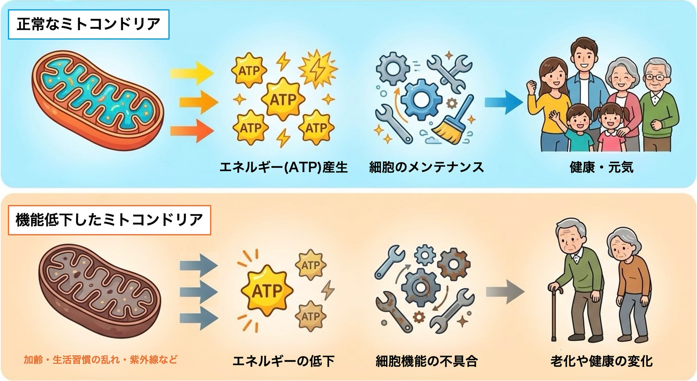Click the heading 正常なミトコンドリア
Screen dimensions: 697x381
pos(88,24)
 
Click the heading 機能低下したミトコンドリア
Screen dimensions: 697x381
pos(109,220)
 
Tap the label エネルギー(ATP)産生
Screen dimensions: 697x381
pos(283,167)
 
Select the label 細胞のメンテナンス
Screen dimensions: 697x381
pos(426,167)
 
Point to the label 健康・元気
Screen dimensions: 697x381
pos(602,167)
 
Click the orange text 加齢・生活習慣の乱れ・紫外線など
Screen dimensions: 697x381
pos(100,360)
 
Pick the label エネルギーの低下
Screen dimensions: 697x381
pos(283,361)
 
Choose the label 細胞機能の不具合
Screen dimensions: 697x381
pos(426,361)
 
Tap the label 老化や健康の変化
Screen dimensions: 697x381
pos(602,361)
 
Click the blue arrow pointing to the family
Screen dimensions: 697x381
pos(503,102)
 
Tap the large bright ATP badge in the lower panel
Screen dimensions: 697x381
pos(267,290)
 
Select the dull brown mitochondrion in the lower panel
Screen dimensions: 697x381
pos(99,290)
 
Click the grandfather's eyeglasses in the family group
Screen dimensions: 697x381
pos(657,77)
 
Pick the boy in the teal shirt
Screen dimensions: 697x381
pos(579,129)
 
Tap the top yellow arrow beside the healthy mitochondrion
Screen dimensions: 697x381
pos(191,73)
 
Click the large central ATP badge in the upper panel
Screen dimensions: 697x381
pos(283,99)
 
